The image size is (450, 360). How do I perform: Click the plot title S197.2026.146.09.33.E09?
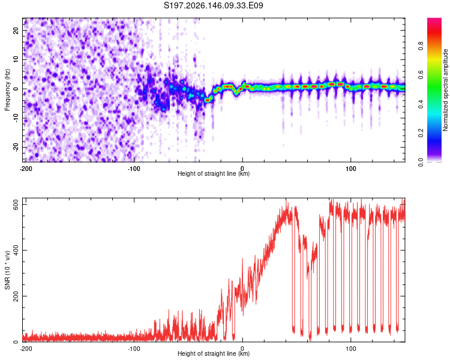pyautogui.click(x=213, y=5)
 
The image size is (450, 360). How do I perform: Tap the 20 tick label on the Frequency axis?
pyautogui.click(x=16, y=30)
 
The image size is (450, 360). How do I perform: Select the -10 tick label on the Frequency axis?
pyautogui.click(x=16, y=118)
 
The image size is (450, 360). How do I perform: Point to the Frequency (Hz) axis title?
pyautogui.click(x=7, y=90)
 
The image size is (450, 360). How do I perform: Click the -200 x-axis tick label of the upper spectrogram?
pyautogui.click(x=26, y=169)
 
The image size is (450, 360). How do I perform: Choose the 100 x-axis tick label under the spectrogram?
pyautogui.click(x=351, y=169)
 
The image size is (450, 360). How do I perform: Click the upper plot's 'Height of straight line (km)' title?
pyautogui.click(x=214, y=173)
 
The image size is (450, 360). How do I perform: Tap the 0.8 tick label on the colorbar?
pyautogui.click(x=421, y=46)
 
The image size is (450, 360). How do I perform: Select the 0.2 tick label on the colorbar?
pyautogui.click(x=421, y=133)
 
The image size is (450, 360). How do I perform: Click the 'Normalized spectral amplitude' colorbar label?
pyautogui.click(x=445, y=90)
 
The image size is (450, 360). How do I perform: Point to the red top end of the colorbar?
pyautogui.click(x=434, y=19)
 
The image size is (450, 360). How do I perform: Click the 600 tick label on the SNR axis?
pyautogui.click(x=16, y=204)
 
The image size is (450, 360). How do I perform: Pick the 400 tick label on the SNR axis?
pyautogui.click(x=16, y=250)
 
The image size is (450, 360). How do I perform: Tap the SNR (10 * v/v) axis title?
pyautogui.click(x=7, y=270)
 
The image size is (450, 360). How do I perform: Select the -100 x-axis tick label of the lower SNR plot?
pyautogui.click(x=134, y=349)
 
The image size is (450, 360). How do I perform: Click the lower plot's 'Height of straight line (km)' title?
pyautogui.click(x=214, y=353)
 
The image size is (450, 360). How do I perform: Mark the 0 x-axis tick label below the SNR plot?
pyautogui.click(x=242, y=349)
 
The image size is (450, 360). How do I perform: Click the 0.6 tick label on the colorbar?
pyautogui.click(x=421, y=75)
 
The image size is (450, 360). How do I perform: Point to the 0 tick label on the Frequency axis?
pyautogui.click(x=16, y=88)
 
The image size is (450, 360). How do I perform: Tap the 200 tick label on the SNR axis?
pyautogui.click(x=16, y=296)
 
